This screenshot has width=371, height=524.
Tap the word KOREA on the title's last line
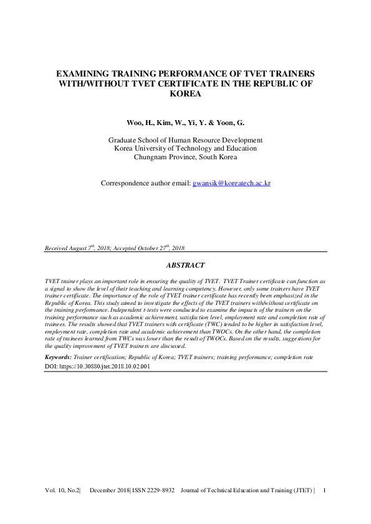click(185, 94)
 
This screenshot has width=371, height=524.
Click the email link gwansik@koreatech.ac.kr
click(231, 184)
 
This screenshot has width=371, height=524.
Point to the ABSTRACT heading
click(185, 265)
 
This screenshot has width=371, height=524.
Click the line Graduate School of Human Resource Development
click(185, 140)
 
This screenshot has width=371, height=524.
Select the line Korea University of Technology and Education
click(185, 149)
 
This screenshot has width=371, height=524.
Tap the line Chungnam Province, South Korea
click(185, 157)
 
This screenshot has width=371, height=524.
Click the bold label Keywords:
click(59, 358)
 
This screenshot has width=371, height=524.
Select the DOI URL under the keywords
click(105, 367)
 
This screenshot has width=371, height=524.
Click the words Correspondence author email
click(145, 184)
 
